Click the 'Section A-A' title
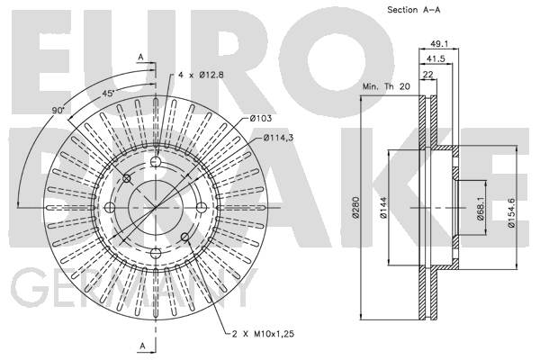point(414,10)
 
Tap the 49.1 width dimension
point(439,44)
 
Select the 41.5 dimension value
point(436,58)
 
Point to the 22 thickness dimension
point(427,75)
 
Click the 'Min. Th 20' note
point(386,86)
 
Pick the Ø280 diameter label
point(355,207)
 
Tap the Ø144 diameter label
point(383,207)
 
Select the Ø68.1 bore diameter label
point(481,209)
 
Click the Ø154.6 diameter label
point(511,212)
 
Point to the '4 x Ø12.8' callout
point(201,75)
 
